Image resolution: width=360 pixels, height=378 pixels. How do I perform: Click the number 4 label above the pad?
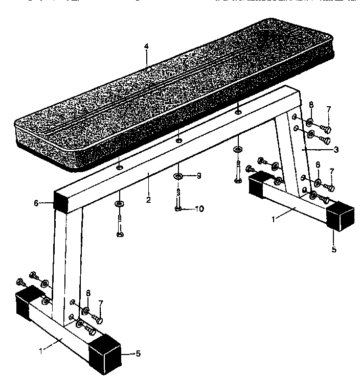click(x=146, y=46)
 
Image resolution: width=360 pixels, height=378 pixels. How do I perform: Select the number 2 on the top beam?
click(x=148, y=200)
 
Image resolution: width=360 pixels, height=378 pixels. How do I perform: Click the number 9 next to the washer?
click(x=199, y=176)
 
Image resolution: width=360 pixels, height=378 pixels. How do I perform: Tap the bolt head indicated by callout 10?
click(x=177, y=208)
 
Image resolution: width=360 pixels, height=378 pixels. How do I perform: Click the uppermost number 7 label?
click(x=329, y=109)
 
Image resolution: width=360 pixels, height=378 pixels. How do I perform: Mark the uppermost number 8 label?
click(x=311, y=106)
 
